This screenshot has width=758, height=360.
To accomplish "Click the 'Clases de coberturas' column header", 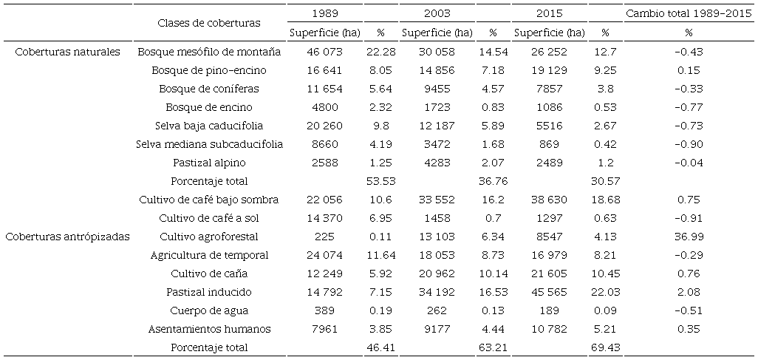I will pos(209,23).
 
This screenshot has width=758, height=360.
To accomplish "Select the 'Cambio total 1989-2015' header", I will pos(689,14).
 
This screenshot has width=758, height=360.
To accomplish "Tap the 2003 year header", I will pos(437,14).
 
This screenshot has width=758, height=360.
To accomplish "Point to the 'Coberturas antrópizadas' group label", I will pos(67,237).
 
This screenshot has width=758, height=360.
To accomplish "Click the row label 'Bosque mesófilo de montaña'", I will pos(210,52).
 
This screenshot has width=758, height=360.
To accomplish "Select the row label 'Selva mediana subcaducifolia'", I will pos(210,144).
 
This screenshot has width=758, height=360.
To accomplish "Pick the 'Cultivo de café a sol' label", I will pos(210,218).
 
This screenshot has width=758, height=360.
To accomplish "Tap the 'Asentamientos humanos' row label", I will pos(210,329).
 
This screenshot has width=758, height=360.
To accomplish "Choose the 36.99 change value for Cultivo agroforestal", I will pos(689,237).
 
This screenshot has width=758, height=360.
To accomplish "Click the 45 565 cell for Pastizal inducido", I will pos(549,292).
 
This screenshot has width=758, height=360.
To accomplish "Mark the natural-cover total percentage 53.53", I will pos(381,181).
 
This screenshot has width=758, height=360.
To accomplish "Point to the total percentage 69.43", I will pos(606,347).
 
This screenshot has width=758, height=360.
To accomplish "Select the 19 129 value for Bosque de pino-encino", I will pos(549,70).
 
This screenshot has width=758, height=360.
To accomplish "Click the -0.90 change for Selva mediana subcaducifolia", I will pos(689,144).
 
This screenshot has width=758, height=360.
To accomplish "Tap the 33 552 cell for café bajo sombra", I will pos(437,200).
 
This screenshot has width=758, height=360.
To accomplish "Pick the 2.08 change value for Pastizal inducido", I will pos(689,292).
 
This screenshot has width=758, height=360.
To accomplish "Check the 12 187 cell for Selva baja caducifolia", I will pos(437,126).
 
